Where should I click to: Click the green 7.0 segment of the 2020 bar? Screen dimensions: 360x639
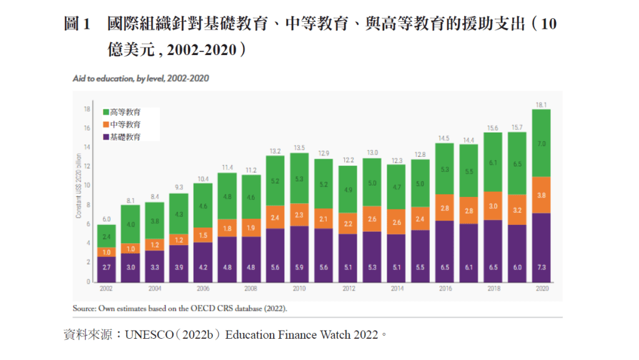[541, 143]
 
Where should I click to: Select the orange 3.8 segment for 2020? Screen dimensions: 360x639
[541, 195]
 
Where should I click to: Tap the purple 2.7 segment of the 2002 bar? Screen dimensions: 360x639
[106, 267]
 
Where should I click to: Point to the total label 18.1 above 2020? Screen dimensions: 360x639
[541, 104]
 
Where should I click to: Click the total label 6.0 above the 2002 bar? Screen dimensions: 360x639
[106, 219]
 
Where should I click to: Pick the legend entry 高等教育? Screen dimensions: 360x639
[125, 112]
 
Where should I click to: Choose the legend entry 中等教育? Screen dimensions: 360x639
[125, 124]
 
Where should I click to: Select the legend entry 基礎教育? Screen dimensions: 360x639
[125, 136]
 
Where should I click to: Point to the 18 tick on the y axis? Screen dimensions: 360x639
[87, 109]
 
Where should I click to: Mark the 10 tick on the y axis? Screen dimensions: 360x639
[87, 186]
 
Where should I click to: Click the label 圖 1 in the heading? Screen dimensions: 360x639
[78, 25]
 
